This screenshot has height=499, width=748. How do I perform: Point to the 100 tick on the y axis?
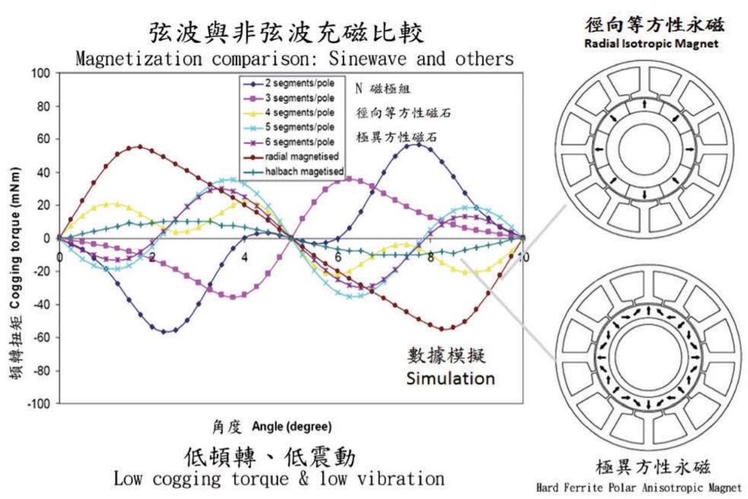click(x=42, y=73)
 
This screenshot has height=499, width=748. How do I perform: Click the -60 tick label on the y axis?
click(x=42, y=337)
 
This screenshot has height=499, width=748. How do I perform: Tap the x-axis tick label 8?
click(x=430, y=257)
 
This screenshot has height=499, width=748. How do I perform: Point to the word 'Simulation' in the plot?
click(x=450, y=378)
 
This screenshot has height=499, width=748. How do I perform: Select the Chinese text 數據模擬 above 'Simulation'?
click(x=446, y=355)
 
